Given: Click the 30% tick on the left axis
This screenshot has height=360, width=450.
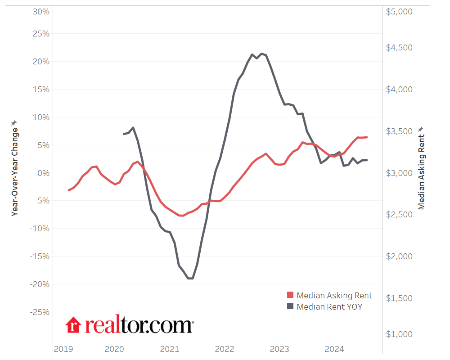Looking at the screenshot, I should (x=40, y=12).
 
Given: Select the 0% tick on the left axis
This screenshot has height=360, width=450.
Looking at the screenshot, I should (x=44, y=173).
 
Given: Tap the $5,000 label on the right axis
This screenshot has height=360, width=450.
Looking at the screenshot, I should (x=399, y=12).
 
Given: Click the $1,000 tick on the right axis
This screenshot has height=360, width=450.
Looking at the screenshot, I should (x=399, y=334).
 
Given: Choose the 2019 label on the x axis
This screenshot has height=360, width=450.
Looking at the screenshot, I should (x=63, y=349).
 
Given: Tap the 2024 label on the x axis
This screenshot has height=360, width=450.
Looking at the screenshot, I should (x=334, y=349).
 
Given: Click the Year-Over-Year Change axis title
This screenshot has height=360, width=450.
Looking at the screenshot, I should (x=14, y=171).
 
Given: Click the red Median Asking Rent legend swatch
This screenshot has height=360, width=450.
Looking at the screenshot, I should (x=290, y=295).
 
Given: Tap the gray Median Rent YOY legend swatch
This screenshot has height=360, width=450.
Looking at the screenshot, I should (x=290, y=307).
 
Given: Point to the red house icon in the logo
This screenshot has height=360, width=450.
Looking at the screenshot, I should (x=73, y=324).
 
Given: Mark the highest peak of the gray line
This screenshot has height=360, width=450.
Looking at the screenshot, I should (x=262, y=54).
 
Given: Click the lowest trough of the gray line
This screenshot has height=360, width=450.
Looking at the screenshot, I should (x=190, y=279).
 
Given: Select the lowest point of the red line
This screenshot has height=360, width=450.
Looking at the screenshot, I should (x=181, y=216).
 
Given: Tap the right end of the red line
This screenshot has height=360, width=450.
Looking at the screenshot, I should (x=367, y=137).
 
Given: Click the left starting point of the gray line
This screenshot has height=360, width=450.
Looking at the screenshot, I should (x=124, y=134).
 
